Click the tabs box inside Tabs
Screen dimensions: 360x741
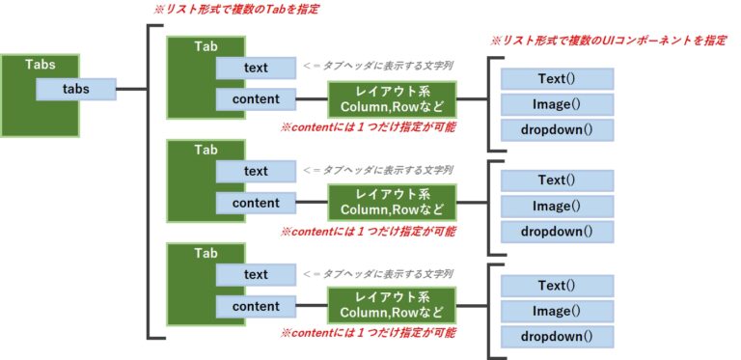76,89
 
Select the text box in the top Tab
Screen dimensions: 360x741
256,68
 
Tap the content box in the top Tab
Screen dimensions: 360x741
256,98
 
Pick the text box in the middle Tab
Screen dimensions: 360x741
256,172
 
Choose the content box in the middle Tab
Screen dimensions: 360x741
256,203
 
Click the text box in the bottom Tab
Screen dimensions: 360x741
256,275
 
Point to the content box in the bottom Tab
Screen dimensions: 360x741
256,306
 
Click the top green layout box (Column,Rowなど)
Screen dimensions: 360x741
391,97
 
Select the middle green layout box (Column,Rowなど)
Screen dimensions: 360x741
391,202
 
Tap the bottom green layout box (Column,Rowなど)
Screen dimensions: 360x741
391,305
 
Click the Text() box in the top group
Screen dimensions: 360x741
557,77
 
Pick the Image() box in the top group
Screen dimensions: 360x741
557,103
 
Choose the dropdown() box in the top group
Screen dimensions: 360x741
557,129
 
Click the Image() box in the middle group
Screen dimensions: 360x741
557,206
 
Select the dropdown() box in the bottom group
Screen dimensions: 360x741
557,336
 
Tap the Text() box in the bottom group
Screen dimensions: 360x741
557,286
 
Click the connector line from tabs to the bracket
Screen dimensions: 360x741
131,89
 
